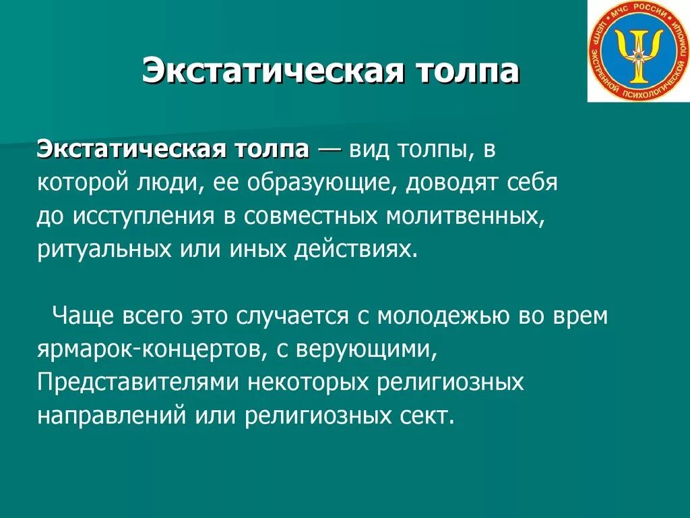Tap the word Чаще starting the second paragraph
[84, 316]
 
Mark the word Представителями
[137, 382]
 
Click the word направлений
[111, 415]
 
